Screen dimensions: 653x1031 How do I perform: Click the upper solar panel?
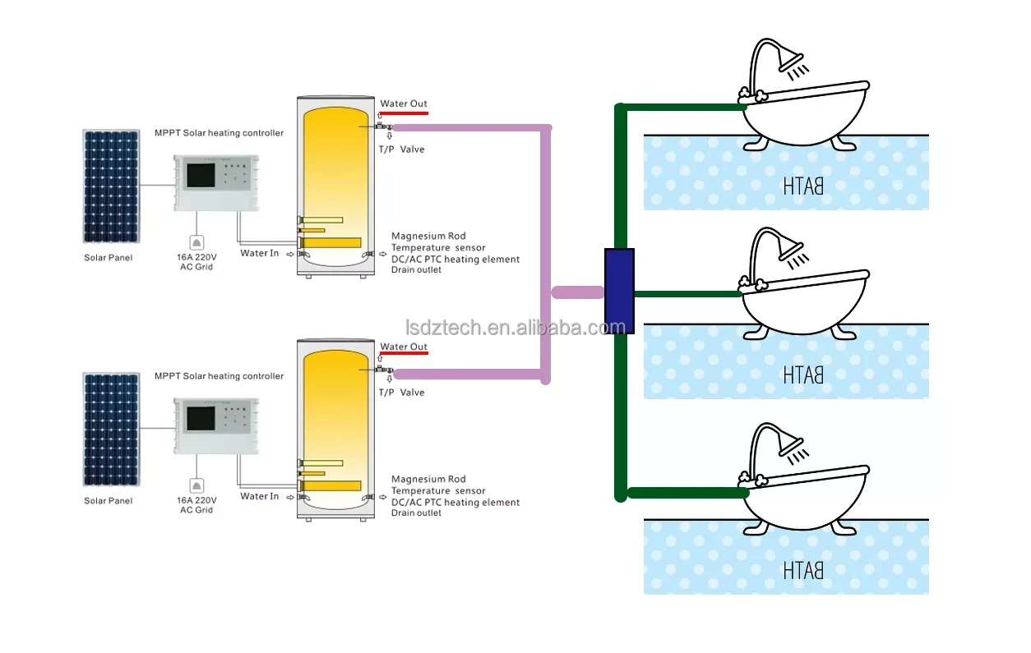click(110, 186)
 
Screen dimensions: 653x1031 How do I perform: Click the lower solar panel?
click(110, 429)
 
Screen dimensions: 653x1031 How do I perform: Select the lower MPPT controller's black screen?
click(200, 418)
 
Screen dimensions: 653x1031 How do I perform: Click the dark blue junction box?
click(619, 291)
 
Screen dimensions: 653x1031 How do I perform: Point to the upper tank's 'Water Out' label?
click(403, 104)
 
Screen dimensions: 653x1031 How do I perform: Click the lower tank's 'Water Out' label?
click(403, 347)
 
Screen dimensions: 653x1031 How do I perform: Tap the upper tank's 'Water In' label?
click(259, 253)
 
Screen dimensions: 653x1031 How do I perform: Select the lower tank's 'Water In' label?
click(259, 496)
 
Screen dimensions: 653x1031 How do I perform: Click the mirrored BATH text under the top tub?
click(802, 186)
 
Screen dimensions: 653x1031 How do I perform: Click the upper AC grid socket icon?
click(196, 242)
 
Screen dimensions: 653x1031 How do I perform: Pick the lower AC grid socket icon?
click(196, 485)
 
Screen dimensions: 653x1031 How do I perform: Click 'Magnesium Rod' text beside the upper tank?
click(428, 237)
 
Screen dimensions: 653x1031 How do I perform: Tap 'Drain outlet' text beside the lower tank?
click(416, 513)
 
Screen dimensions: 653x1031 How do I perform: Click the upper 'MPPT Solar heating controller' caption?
click(219, 133)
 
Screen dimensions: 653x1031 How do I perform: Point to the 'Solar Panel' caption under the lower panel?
click(108, 500)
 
